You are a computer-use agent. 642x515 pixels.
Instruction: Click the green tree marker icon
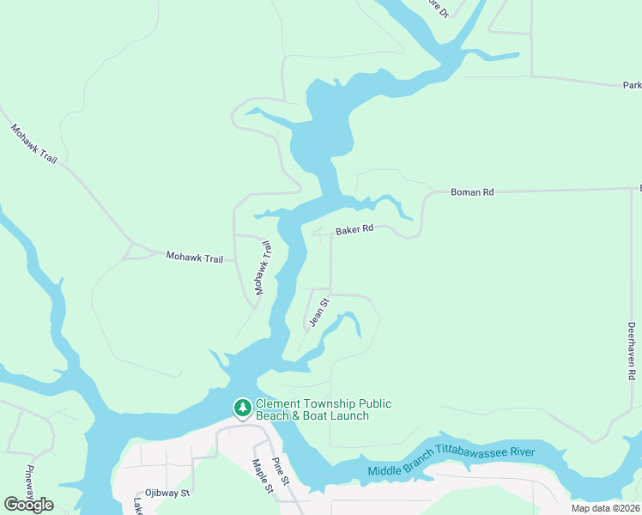tap(243, 408)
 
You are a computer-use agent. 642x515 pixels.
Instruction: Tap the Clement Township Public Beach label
tap(324, 409)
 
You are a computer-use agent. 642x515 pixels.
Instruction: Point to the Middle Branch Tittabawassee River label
tap(451, 461)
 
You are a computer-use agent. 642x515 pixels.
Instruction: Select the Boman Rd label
tap(472, 192)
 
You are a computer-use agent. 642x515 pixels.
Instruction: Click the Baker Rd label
tap(354, 230)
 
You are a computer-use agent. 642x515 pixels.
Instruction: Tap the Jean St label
tap(319, 312)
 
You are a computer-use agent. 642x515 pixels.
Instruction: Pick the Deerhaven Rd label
tap(631, 351)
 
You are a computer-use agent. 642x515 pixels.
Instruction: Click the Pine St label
tap(281, 470)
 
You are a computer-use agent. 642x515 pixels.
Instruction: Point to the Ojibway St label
tap(167, 494)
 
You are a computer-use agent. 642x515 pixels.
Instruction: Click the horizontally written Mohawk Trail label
tap(194, 257)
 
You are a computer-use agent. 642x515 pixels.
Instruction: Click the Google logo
tap(28, 505)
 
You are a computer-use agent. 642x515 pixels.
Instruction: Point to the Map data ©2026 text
tap(606, 508)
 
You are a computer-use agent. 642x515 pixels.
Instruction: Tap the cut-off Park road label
tap(632, 86)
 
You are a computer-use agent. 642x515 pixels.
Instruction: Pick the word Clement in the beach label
tap(278, 403)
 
